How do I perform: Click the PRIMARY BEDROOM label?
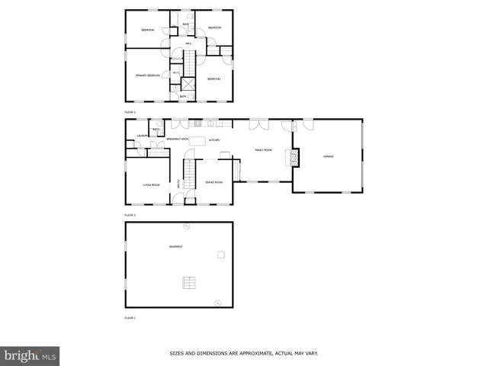pyautogui.click(x=148, y=75)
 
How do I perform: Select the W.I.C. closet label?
pyautogui.click(x=175, y=73)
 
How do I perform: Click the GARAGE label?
pyautogui.click(x=329, y=156)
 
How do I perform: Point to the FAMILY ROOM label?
pyautogui.click(x=264, y=150)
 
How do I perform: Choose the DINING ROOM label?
pyautogui.click(x=213, y=182)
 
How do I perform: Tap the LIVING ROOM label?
pyautogui.click(x=151, y=185)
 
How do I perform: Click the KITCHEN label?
pyautogui.click(x=215, y=140)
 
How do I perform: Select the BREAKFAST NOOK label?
pyautogui.click(x=178, y=139)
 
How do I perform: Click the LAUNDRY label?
pyautogui.click(x=142, y=136)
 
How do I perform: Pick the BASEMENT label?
pyautogui.click(x=176, y=246)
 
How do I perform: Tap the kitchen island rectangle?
pyautogui.click(x=198, y=140)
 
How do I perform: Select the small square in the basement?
pyautogui.click(x=221, y=255)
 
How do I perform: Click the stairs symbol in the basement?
pyautogui.click(x=188, y=283)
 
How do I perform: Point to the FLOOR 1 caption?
pyautogui.click(x=130, y=317)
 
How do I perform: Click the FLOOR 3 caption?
pyautogui.click(x=130, y=112)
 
